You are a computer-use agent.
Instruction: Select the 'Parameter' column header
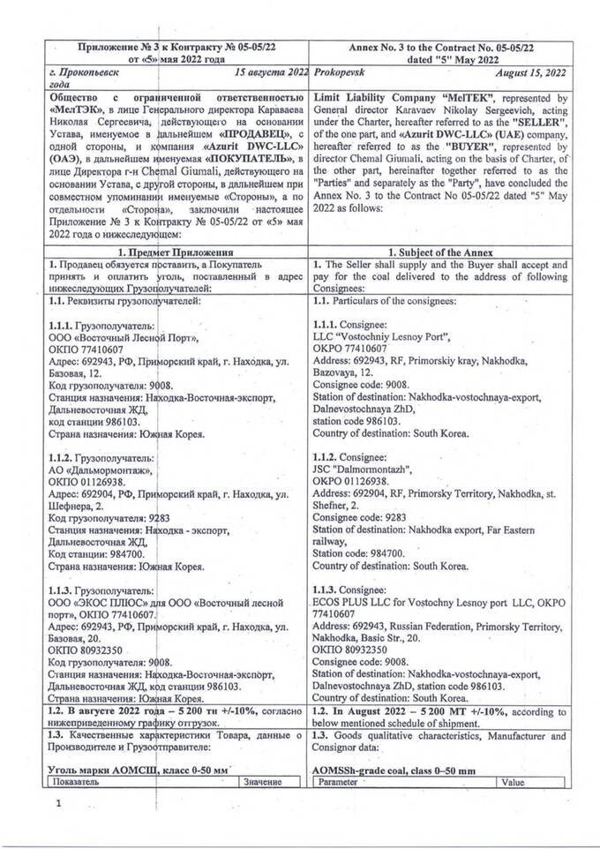tap(339, 781)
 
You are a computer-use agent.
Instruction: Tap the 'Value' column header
tap(513, 781)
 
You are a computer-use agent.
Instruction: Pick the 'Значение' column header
tap(262, 781)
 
